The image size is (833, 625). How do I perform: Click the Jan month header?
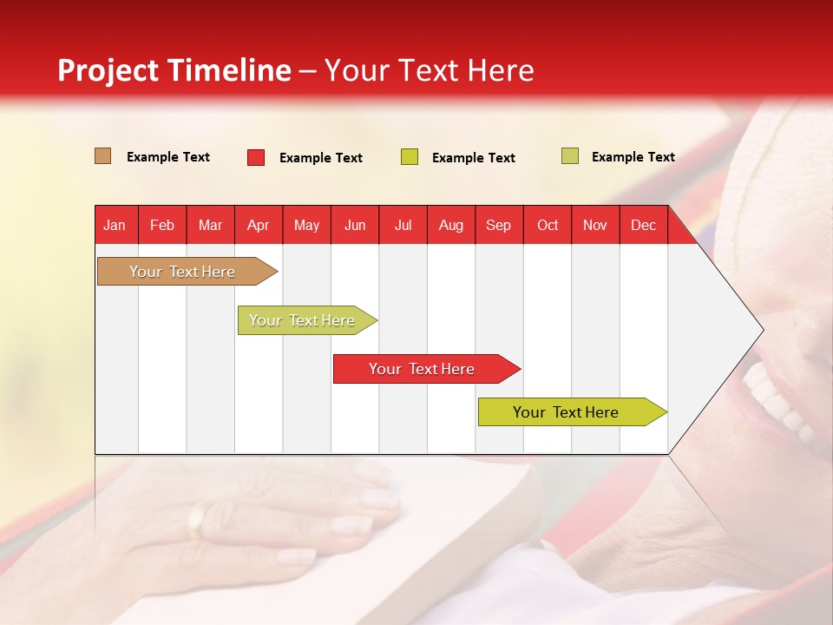tap(115, 226)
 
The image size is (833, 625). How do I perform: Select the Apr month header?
tap(258, 226)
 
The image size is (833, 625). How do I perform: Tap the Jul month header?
tap(403, 226)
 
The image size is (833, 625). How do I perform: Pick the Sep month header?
tap(498, 226)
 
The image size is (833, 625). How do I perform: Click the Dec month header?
tap(643, 226)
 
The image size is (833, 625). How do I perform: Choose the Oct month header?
tap(547, 226)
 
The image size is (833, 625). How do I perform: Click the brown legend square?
tap(102, 156)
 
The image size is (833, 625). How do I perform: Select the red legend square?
tap(255, 157)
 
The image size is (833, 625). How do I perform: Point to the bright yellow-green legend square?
tap(410, 157)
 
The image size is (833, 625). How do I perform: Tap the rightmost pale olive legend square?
tap(569, 156)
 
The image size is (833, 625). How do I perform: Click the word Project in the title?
tap(108, 70)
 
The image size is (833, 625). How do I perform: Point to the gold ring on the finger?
tap(199, 519)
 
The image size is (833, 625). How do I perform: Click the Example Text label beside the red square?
tap(320, 158)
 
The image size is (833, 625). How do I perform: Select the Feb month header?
tap(162, 226)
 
